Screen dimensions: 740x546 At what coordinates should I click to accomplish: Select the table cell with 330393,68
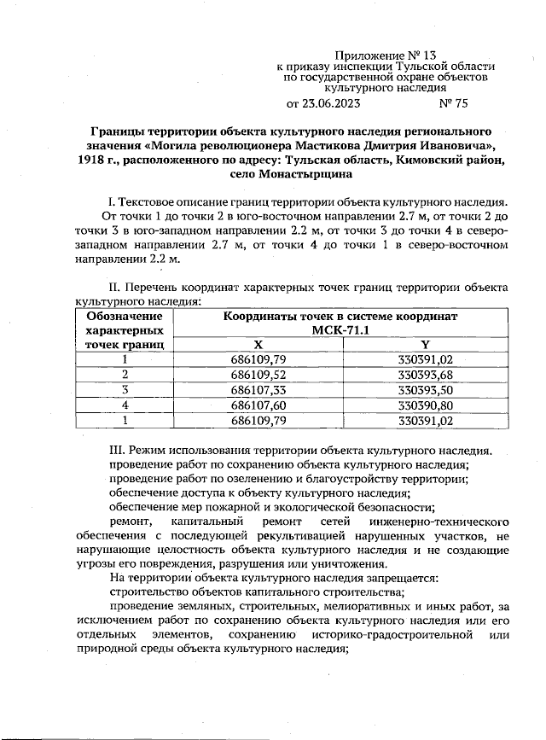pos(426,375)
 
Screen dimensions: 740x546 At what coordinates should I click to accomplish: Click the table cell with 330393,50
pos(426,390)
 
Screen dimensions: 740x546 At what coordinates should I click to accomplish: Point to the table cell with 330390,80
pos(426,405)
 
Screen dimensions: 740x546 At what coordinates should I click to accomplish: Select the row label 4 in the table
pos(125,405)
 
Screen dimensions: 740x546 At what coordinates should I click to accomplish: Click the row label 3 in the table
pos(125,390)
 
